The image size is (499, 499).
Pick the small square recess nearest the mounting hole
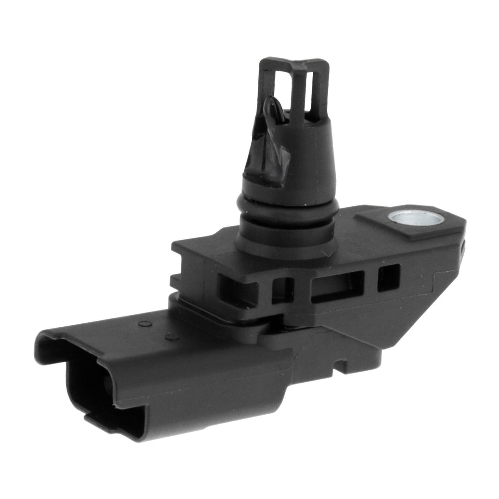point(388,277)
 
